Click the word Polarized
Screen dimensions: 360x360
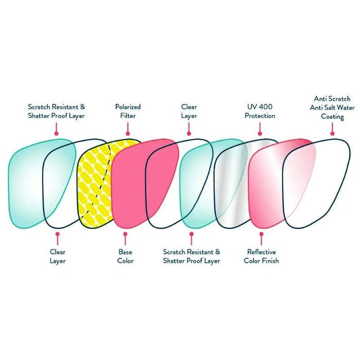pos(128,107)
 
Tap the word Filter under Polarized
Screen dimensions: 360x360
pos(128,116)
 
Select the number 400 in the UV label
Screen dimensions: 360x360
pos(265,107)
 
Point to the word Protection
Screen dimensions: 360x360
pos(260,116)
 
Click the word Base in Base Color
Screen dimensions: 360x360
pos(125,252)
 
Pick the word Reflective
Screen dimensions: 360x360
pos(261,252)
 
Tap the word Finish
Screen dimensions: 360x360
pos(268,261)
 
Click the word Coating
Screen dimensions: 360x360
pos(332,117)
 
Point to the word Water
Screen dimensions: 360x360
pos(348,107)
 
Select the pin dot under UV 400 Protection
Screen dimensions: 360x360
pos(259,133)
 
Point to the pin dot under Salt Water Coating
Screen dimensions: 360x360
pos(332,133)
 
